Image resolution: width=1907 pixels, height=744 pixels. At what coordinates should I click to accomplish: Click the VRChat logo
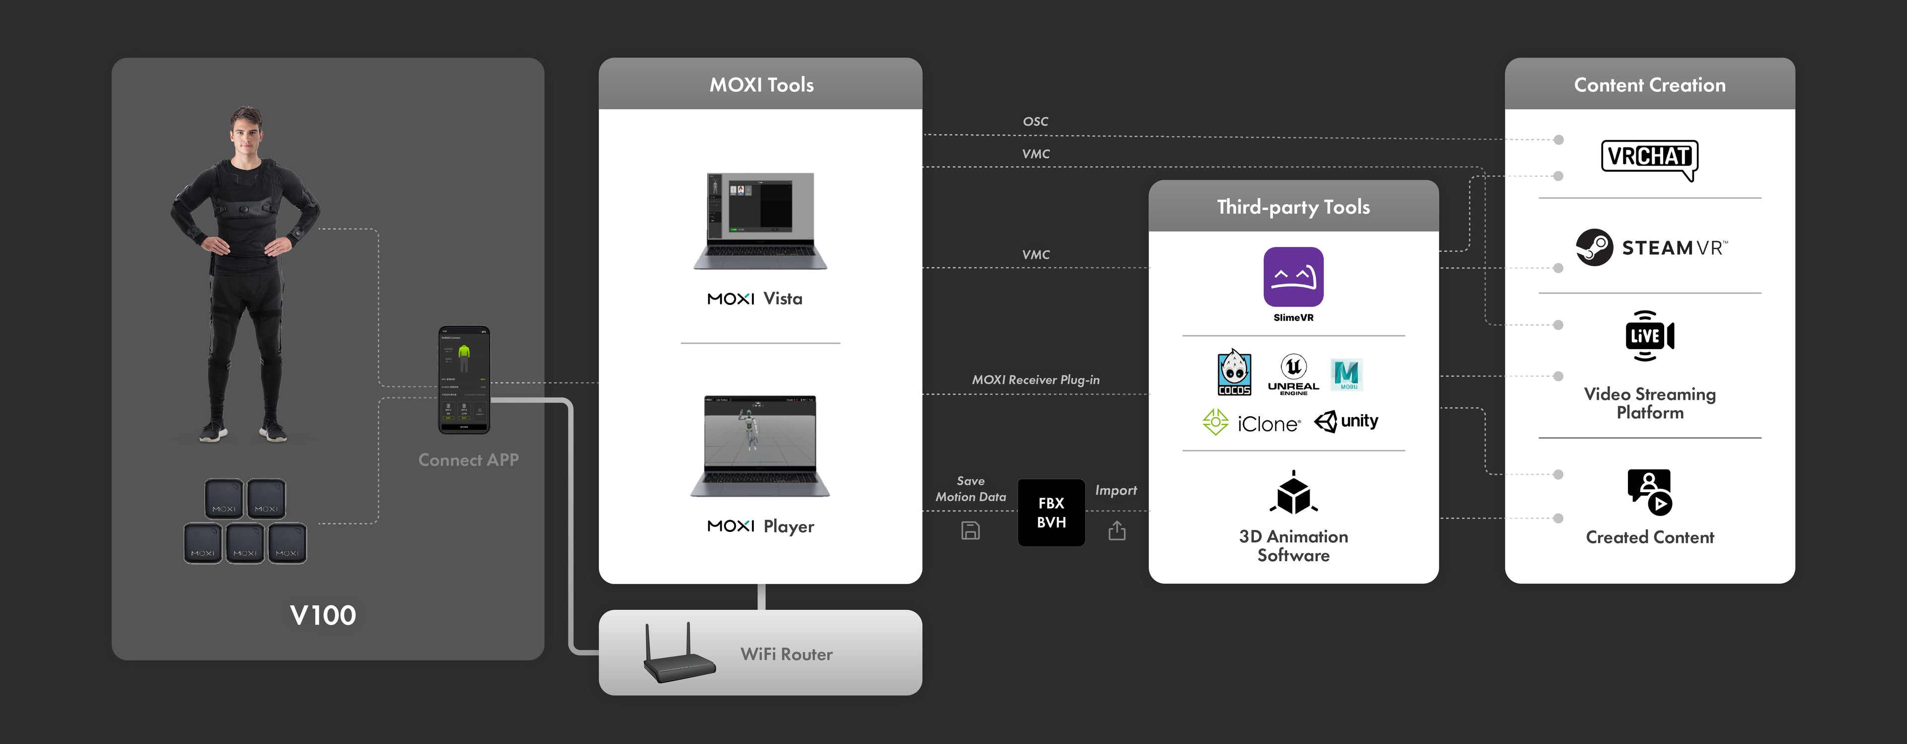[1649, 158]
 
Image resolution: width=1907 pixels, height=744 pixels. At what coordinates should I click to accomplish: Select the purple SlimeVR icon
[1293, 277]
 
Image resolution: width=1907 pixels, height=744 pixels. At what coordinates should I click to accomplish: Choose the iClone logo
[1251, 423]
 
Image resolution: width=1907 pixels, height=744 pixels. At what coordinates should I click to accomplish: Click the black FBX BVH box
[1051, 512]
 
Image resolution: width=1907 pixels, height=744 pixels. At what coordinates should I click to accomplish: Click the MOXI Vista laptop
[760, 221]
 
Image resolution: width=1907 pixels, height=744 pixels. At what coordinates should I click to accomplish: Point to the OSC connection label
[1035, 121]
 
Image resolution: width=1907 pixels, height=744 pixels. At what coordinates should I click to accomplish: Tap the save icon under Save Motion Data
[970, 531]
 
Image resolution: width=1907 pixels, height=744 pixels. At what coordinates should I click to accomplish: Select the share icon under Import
[1117, 531]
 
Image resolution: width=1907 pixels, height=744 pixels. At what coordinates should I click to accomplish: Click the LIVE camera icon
[1649, 336]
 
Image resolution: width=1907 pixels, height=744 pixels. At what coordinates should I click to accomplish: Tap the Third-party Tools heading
[1293, 207]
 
